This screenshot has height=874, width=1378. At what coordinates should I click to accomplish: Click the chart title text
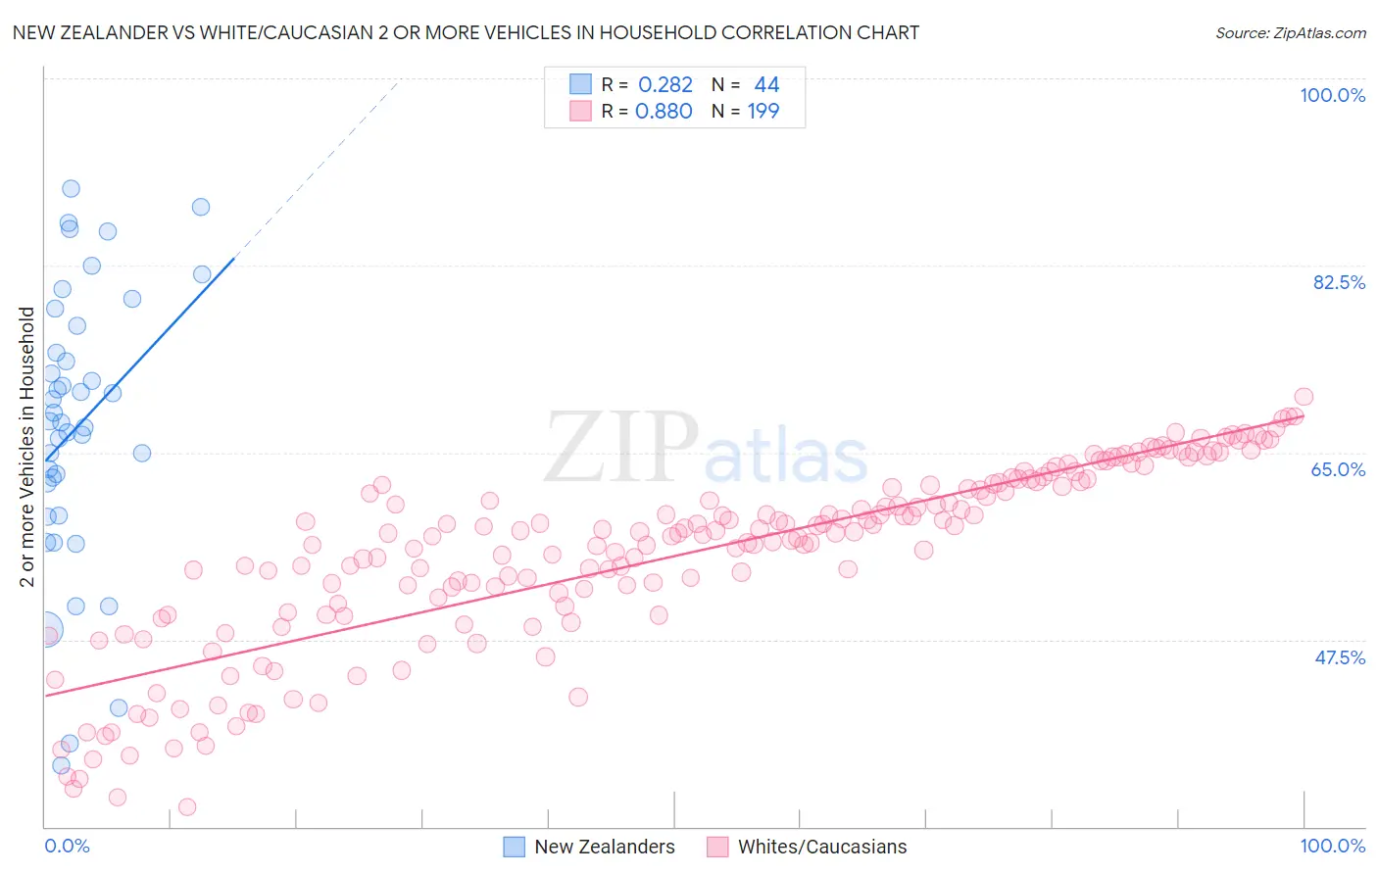pyautogui.click(x=466, y=32)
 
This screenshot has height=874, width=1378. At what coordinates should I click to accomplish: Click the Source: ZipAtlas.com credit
pyautogui.click(x=1290, y=32)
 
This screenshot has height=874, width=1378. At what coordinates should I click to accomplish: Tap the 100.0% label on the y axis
pyautogui.click(x=1332, y=95)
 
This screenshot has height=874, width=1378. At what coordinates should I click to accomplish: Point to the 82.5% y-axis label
pyautogui.click(x=1338, y=282)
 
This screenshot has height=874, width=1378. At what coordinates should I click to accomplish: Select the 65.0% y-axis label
pyautogui.click(x=1338, y=469)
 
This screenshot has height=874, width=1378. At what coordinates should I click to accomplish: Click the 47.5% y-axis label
pyautogui.click(x=1339, y=657)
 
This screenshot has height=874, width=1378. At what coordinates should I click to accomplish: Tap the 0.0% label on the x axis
pyautogui.click(x=67, y=846)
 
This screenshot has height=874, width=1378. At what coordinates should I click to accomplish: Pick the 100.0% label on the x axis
pyautogui.click(x=1332, y=846)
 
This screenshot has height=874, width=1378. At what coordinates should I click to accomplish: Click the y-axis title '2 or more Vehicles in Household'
pyautogui.click(x=27, y=447)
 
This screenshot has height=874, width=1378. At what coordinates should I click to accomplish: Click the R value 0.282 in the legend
pyautogui.click(x=664, y=85)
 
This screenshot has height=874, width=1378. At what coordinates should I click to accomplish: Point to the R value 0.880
pyautogui.click(x=664, y=112)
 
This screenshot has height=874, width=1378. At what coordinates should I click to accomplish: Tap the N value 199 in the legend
pyautogui.click(x=763, y=112)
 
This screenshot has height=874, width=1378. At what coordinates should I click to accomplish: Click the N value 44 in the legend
pyautogui.click(x=766, y=85)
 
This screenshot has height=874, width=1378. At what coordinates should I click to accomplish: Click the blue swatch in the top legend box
pyautogui.click(x=580, y=84)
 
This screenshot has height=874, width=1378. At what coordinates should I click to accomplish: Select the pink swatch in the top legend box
pyautogui.click(x=580, y=111)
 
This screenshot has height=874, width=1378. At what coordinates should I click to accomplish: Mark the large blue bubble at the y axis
pyautogui.click(x=45, y=630)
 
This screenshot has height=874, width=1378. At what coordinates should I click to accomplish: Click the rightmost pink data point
pyautogui.click(x=1304, y=397)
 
